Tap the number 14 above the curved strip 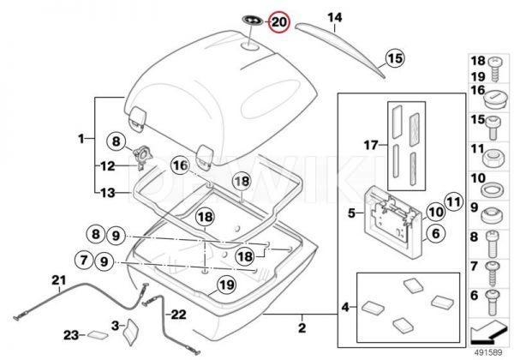click(x=334, y=17)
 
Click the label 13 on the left click(x=106, y=194)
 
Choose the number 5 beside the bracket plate click(x=350, y=210)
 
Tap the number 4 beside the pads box click(x=345, y=307)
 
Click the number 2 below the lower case click(x=302, y=327)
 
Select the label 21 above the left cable click(x=58, y=280)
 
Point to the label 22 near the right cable click(x=177, y=314)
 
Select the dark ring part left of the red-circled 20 click(x=254, y=20)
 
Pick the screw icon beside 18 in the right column click(x=495, y=63)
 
